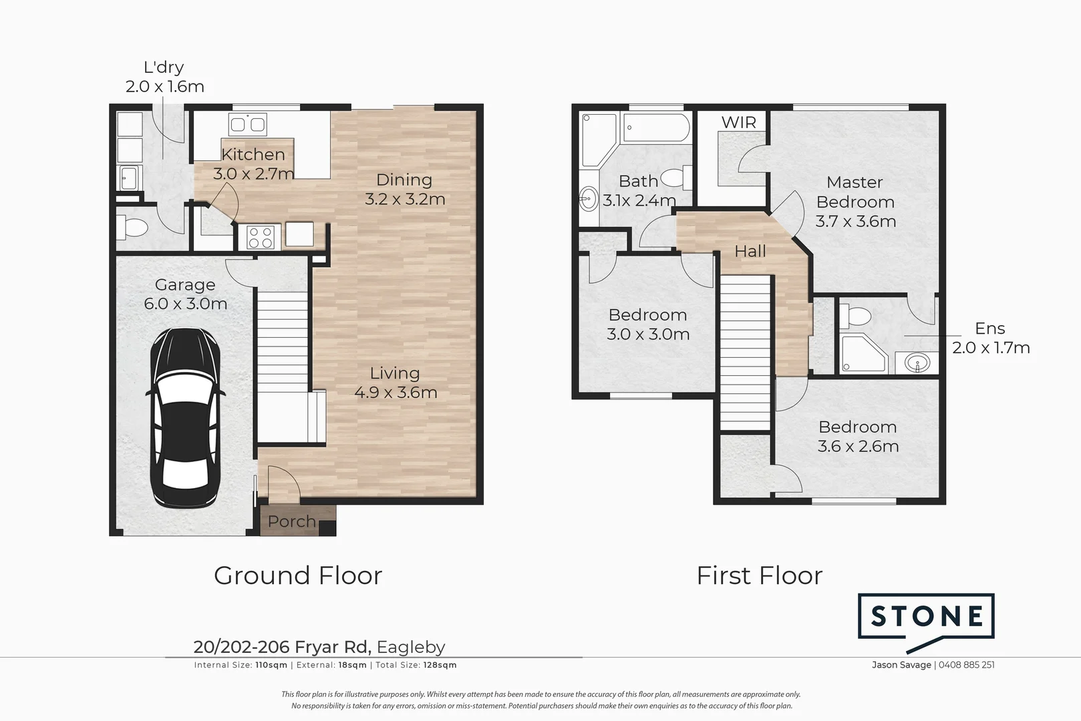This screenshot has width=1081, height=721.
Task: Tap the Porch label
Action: point(291,521)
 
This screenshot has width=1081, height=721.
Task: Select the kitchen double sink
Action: point(248,124)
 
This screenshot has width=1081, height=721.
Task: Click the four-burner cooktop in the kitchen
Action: point(261,237)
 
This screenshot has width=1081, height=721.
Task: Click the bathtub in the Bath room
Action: point(655,128)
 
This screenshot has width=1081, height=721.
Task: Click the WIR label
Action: point(739,122)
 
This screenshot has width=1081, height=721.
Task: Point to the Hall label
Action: point(750,252)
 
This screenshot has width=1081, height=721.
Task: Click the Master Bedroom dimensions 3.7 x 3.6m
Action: point(855,222)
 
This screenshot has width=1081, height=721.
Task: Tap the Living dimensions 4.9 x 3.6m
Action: point(396,393)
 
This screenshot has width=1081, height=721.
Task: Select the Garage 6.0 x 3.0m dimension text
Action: point(185,304)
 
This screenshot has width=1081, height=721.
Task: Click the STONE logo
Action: point(926,616)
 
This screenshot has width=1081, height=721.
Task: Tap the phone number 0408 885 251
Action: point(966,665)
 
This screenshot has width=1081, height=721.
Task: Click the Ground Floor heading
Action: point(298,575)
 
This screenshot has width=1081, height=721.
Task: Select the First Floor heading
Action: point(759,575)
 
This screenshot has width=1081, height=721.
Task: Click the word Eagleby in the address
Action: point(411,647)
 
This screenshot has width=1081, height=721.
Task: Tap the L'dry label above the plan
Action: point(164,67)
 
